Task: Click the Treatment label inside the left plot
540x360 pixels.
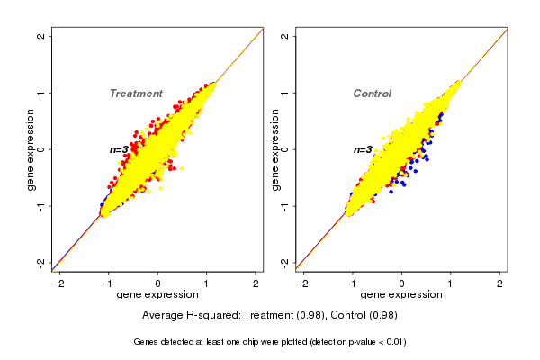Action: pos(136,94)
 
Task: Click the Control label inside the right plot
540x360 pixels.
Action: pos(373,94)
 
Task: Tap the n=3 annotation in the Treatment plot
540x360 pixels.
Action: pos(121,149)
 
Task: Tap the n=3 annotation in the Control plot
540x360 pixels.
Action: pos(364,149)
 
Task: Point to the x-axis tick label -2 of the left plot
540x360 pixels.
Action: pos(60,284)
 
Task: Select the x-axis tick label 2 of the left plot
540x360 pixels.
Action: pos(256,284)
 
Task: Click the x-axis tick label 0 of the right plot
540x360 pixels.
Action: pos(401,284)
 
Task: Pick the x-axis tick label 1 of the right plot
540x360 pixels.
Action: pos(451,284)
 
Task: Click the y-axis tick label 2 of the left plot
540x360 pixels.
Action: pos(40,36)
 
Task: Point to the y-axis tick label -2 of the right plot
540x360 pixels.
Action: pos(284,262)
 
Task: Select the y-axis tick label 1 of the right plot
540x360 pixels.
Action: pos(284,93)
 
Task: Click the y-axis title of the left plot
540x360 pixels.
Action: pos(31,149)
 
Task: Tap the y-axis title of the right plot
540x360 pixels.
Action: pos(274,149)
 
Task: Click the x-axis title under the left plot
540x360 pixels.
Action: pos(157,295)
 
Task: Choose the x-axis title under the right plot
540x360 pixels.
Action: pos(401,295)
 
